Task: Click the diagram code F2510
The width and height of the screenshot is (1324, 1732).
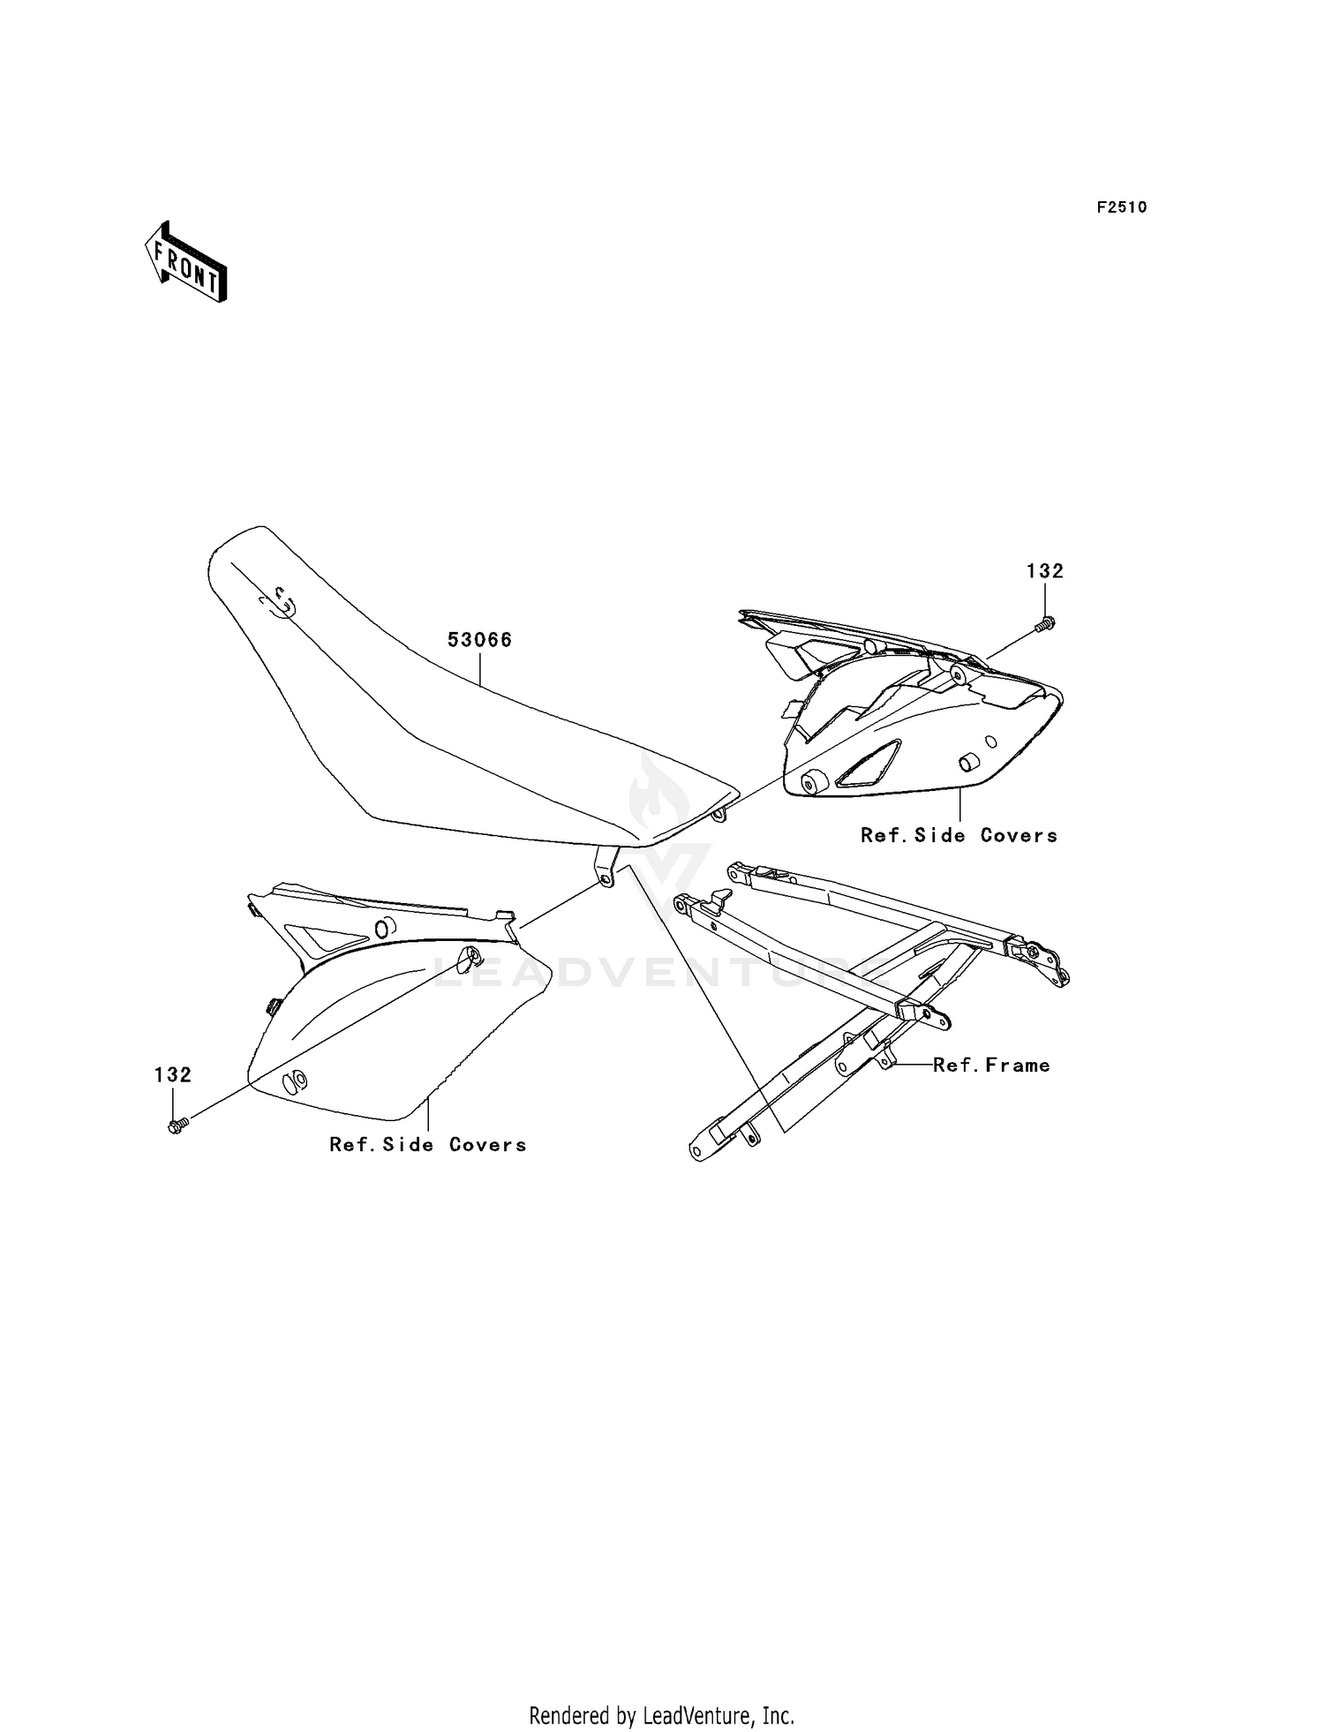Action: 1121,207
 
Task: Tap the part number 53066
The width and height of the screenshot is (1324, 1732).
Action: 479,640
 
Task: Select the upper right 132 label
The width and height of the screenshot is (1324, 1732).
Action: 1044,571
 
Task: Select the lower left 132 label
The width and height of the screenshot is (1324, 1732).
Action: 173,1074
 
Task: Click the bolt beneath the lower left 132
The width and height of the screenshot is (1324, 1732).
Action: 177,1126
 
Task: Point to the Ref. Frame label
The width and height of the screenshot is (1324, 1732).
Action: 991,1066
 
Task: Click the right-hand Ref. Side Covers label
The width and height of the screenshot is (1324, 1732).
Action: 959,835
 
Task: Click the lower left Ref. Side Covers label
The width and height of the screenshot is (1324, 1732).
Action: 427,1144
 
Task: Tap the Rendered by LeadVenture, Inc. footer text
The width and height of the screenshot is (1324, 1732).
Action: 661,1715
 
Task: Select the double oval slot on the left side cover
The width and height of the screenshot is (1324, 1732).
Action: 295,1081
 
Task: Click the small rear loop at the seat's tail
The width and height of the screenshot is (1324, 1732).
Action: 721,813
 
